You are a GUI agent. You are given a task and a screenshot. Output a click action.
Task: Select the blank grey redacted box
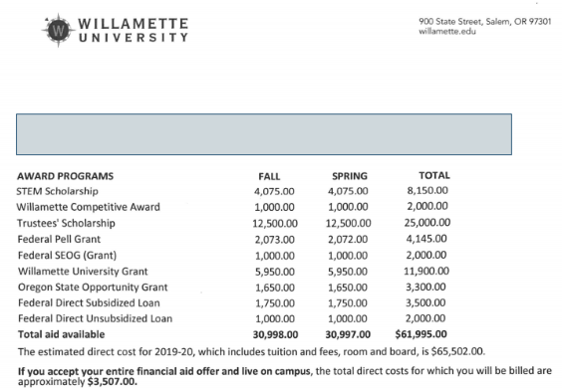[x=263, y=134]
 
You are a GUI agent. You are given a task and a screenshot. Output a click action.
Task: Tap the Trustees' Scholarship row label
[x=63, y=222]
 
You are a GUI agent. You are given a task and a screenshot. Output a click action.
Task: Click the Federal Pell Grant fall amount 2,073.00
[x=275, y=239]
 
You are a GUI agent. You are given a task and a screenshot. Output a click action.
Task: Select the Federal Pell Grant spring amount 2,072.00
[x=349, y=239]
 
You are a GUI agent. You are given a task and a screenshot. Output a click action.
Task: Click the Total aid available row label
[x=61, y=332]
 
